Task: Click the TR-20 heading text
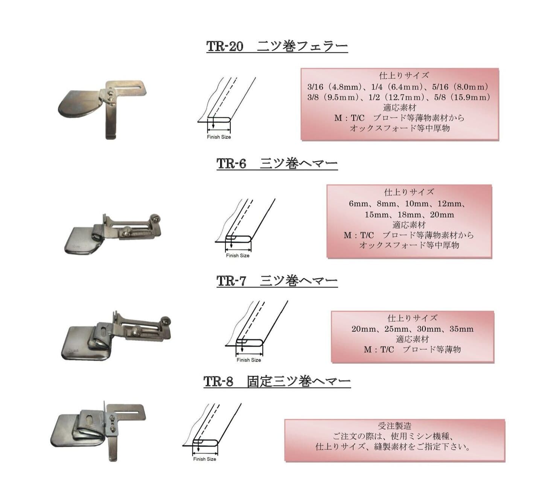pos(277,46)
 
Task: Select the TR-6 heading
pos(277,163)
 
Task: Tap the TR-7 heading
pos(277,281)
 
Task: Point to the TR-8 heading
pos(277,381)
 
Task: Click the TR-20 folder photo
pos(102,109)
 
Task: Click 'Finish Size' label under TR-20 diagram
pos(219,137)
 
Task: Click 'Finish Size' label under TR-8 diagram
pos(204,459)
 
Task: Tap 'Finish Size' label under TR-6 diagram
pos(238,255)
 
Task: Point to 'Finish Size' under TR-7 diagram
pos(249,360)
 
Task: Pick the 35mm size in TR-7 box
pos(461,329)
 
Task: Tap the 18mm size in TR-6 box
pos(410,215)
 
